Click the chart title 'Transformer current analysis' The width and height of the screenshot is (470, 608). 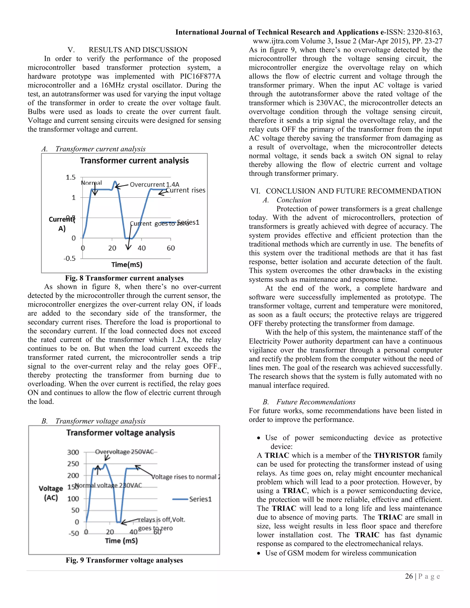coord(134,161)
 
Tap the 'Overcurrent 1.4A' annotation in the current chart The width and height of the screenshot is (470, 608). coord(154,184)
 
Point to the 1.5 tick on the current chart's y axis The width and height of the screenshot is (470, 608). coord(70,177)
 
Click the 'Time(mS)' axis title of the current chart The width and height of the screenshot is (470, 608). coord(127,265)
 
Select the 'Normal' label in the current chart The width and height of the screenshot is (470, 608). coord(91,183)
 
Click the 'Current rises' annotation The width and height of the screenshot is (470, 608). coord(186,190)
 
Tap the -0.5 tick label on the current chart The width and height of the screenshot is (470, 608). coord(70,258)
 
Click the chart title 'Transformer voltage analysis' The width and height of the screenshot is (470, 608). coord(120,433)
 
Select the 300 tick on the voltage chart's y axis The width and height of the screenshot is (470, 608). coord(73,452)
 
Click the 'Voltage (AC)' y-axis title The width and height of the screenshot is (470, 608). coord(51,493)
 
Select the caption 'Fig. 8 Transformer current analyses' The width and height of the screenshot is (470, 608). coord(124,278)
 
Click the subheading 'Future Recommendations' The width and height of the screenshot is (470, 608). coord(316,402)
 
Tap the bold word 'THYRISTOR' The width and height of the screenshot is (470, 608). coord(397,455)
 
